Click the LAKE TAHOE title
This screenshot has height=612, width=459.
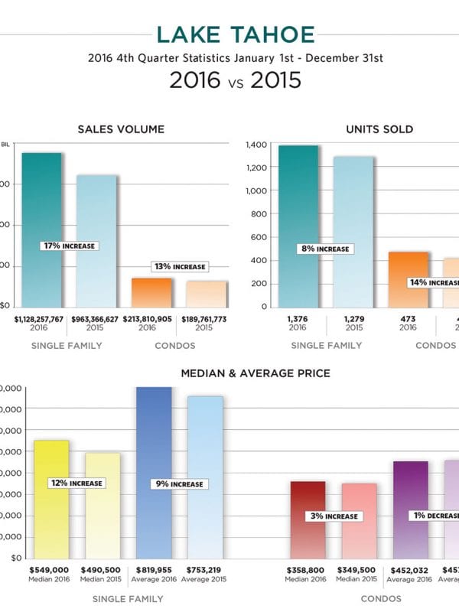236,34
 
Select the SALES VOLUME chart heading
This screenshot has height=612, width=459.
121,129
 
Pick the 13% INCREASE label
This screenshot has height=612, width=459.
179,267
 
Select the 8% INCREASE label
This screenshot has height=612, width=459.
325,249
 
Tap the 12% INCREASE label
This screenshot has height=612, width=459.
76,483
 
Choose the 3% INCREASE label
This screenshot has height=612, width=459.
333,516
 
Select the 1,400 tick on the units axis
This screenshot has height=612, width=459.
256,145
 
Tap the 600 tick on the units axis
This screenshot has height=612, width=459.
259,237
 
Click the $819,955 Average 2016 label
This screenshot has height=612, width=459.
154,570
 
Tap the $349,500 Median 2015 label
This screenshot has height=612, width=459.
358,570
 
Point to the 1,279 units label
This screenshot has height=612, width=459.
353,317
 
